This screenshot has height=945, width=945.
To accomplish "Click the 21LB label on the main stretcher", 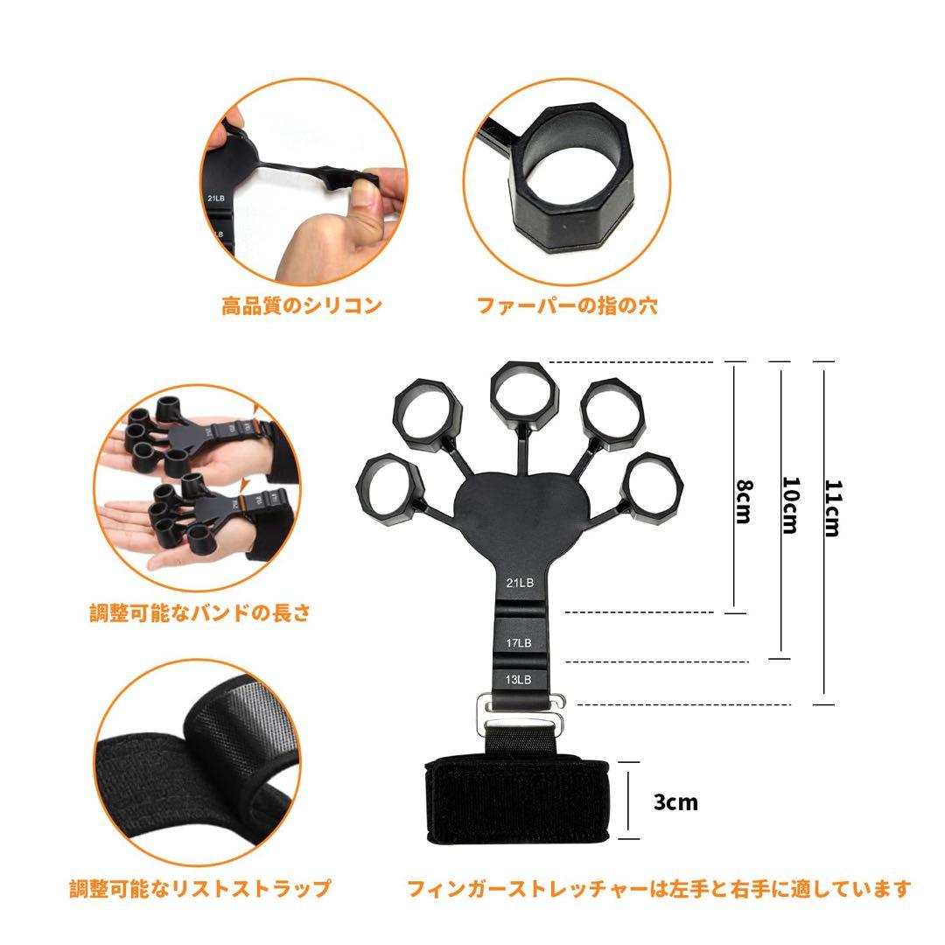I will coord(520,582).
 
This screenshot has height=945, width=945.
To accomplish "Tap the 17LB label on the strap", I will coord(519,643).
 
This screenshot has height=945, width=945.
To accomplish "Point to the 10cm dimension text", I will coord(789,505).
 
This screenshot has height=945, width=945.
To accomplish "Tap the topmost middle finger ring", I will coord(522,391).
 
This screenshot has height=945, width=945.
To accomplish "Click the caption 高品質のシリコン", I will coord(301,305).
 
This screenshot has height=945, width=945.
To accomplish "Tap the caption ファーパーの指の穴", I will coord(566,305).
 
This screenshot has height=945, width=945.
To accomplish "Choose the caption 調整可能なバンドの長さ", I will coord(200,612).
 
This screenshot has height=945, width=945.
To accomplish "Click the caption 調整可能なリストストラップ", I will coord(200,889).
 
